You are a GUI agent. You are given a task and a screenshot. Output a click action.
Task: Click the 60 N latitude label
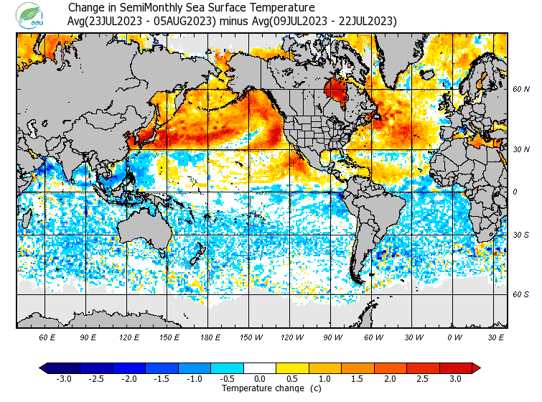(x=520, y=90)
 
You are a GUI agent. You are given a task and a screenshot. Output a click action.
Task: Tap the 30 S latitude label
(x=520, y=235)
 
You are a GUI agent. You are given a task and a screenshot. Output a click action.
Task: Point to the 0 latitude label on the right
(x=514, y=192)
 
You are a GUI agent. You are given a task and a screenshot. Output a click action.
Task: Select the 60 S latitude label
(x=520, y=294)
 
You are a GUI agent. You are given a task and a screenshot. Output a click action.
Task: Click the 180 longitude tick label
(x=210, y=337)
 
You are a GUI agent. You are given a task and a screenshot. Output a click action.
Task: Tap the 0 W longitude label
(x=454, y=337)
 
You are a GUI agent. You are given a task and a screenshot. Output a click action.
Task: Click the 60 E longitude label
(x=47, y=337)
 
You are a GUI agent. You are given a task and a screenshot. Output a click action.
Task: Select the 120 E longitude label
(x=129, y=337)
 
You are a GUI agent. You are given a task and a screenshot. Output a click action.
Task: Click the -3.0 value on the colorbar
(x=63, y=379)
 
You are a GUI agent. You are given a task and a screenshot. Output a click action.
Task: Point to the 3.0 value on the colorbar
(x=455, y=379)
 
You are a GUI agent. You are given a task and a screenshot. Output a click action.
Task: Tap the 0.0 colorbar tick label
(x=259, y=379)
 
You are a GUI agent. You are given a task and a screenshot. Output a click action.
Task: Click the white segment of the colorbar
(x=259, y=368)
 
